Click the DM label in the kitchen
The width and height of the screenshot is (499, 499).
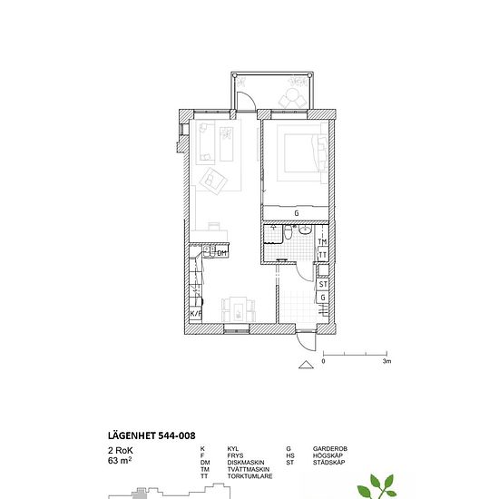point(221,253)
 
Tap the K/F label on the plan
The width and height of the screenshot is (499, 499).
point(196,314)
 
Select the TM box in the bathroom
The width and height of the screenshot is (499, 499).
point(323,242)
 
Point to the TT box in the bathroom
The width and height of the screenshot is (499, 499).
point(323,255)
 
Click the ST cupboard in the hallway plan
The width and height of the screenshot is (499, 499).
point(323,284)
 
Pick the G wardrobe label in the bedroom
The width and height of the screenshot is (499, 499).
point(297,213)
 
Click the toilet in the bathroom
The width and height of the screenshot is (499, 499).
point(288,232)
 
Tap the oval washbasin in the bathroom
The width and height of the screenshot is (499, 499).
point(305,230)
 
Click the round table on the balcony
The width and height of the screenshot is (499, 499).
point(291,94)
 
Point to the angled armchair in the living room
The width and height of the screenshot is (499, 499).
point(213,181)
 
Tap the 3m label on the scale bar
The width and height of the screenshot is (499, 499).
point(386,361)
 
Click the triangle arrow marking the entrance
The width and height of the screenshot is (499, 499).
point(306,365)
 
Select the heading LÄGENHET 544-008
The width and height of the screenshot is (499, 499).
point(152,435)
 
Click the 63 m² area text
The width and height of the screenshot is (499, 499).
point(120,461)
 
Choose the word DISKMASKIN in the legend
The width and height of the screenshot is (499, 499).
point(246,463)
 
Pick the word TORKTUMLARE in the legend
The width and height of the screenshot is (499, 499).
point(249,476)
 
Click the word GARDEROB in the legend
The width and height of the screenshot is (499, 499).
point(330,449)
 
